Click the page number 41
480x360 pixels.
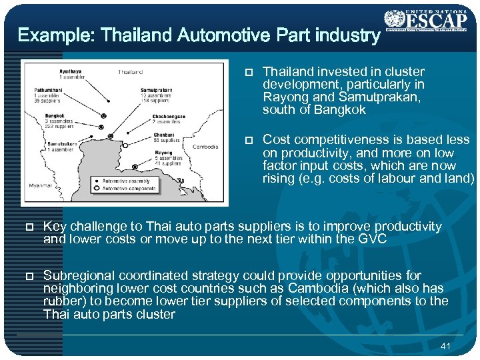(x=446, y=346)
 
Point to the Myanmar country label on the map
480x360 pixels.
(x=40, y=185)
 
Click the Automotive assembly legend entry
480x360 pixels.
(x=125, y=181)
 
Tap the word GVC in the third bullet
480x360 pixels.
(x=373, y=239)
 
